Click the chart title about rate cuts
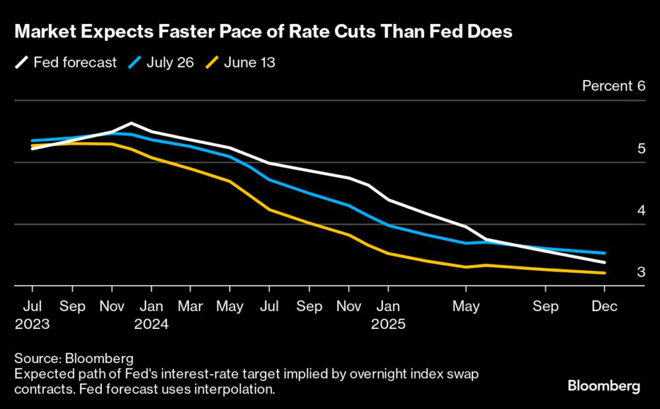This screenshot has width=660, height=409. [x=263, y=32]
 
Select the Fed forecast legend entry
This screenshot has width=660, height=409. [x=67, y=63]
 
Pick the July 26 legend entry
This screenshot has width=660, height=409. [x=162, y=63]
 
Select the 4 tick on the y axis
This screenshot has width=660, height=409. [x=641, y=211]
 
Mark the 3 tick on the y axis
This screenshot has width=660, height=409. [x=641, y=272]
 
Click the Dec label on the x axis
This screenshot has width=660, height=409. [x=605, y=306]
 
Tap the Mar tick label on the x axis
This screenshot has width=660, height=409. [x=190, y=306]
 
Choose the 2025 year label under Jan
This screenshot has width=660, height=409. [x=387, y=324]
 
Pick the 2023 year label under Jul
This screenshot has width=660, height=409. [x=32, y=324]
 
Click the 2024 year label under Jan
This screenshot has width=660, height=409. [x=151, y=324]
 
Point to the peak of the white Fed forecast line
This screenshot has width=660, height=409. [x=131, y=123]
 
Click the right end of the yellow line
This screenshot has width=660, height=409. [x=605, y=273]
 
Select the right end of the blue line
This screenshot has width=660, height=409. [x=605, y=253]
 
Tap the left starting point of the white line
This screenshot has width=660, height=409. [x=32, y=148]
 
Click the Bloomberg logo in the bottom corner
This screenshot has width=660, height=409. [x=603, y=386]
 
